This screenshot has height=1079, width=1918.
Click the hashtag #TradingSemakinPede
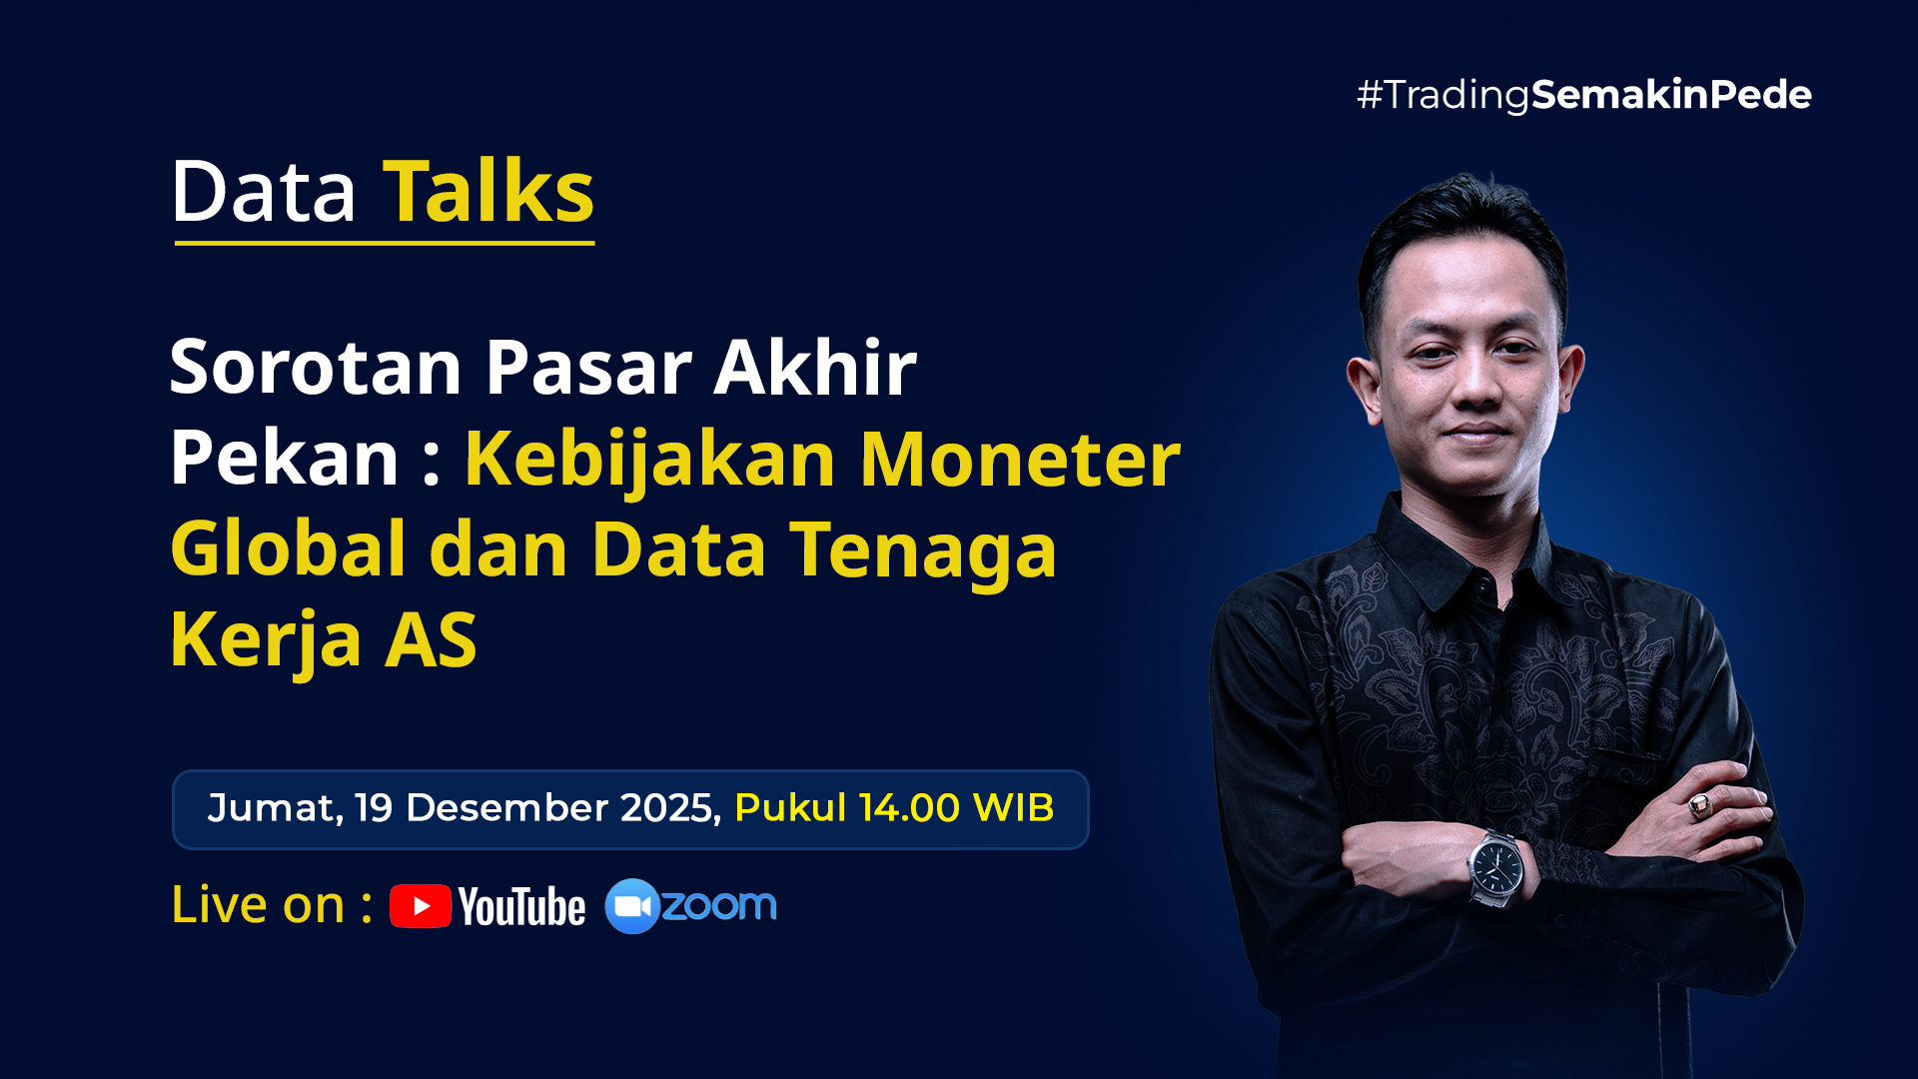point(1583,95)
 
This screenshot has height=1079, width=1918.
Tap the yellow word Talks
point(488,191)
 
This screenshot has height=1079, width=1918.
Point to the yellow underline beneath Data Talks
point(385,242)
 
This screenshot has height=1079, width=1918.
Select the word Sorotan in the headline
point(316,367)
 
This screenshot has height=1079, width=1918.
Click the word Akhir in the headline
point(814,366)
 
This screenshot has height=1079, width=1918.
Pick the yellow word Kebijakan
point(650,460)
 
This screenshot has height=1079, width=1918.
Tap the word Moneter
point(1020,459)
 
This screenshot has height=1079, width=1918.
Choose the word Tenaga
point(923,551)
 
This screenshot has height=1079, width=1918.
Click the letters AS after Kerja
point(432,639)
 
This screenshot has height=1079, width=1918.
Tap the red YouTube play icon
point(421,906)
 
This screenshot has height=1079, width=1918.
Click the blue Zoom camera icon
point(632,906)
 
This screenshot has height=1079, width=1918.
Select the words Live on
point(258,905)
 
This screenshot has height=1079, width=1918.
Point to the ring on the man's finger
point(1699,804)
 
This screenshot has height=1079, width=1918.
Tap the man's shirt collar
point(1468,549)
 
